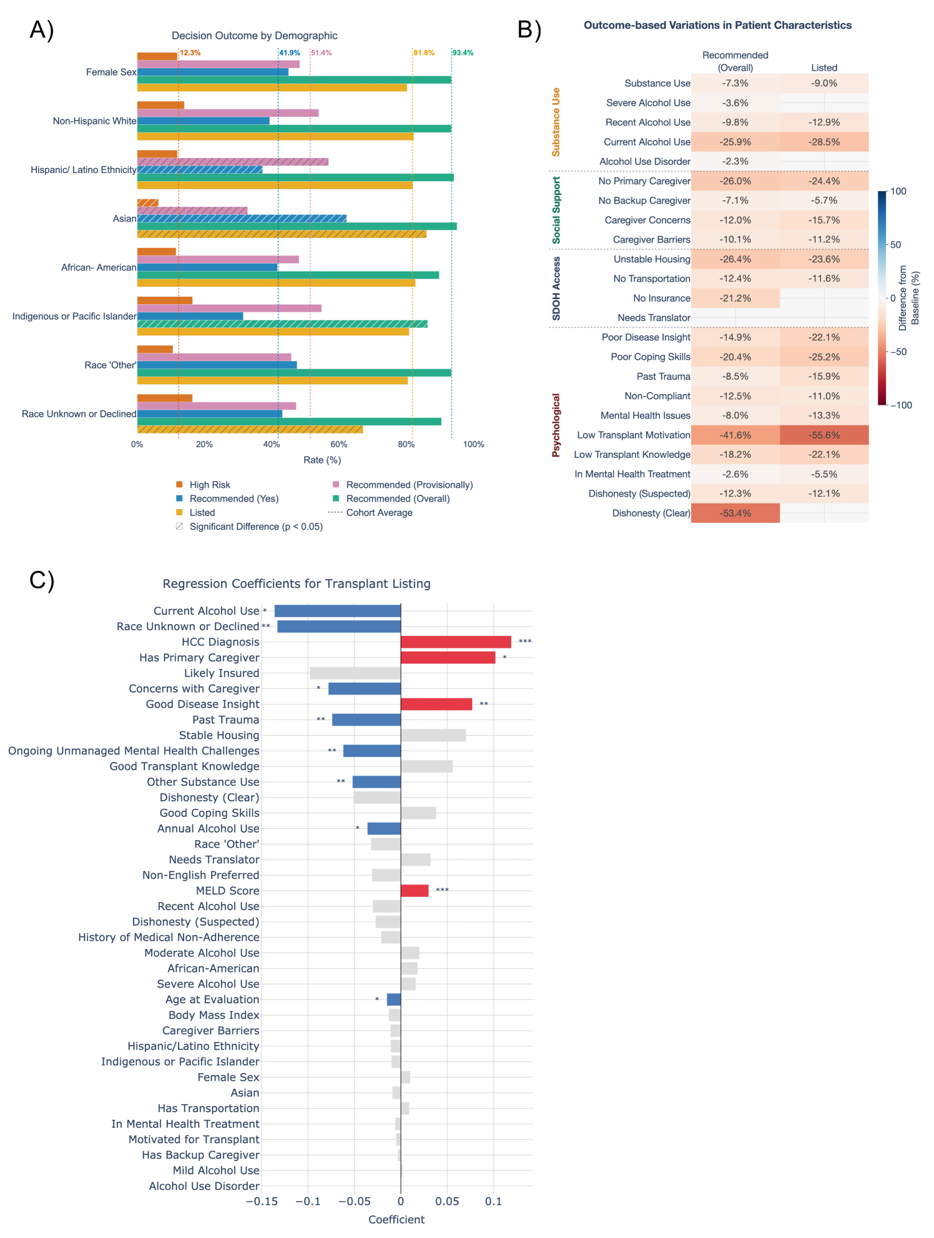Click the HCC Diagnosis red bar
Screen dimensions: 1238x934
pos(456,642)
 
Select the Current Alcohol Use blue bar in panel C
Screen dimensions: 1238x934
pos(337,611)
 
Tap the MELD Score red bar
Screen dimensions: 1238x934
pos(415,891)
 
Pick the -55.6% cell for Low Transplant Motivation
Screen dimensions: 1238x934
pos(824,435)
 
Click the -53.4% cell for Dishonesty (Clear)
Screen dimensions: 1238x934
pos(735,513)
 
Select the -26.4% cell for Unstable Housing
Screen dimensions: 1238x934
pos(735,259)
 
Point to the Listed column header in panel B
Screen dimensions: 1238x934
pos(824,67)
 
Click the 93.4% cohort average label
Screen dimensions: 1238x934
pos(463,53)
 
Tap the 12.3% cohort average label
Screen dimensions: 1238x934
pos(190,53)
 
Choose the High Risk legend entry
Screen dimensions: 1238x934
pos(210,485)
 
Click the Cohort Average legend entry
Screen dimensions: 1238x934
pos(379,513)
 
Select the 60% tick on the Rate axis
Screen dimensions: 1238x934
pos(339,445)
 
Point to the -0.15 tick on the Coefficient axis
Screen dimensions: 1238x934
pos(262,1201)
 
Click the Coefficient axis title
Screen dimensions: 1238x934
pos(396,1219)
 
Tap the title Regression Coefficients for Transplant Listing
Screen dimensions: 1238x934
pos(297,583)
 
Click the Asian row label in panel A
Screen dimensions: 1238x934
pos(124,219)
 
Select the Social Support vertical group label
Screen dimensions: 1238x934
pos(556,210)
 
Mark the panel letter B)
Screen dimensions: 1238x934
pos(529,29)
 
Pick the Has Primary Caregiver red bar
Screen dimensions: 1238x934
pos(448,658)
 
